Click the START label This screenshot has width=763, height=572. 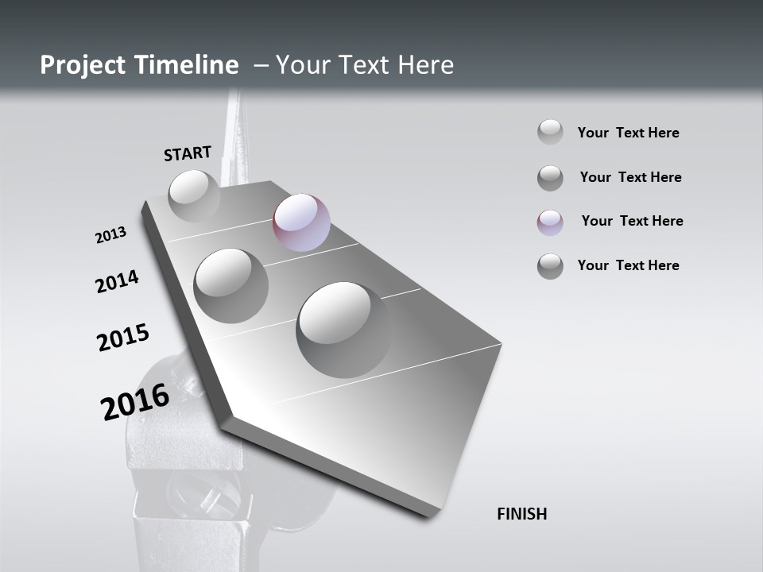(x=188, y=153)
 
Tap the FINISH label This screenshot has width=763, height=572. (x=521, y=514)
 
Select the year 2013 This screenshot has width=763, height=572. (x=110, y=235)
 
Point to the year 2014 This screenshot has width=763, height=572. (x=117, y=281)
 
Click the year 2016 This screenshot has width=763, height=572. (x=135, y=401)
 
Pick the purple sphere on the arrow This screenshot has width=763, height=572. (x=301, y=222)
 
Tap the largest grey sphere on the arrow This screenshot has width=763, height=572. (x=343, y=329)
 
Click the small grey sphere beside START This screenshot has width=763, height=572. (x=194, y=195)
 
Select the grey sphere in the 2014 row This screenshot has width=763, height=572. (x=230, y=285)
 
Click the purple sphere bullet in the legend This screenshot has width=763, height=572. (x=550, y=222)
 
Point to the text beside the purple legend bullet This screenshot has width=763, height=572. (x=632, y=221)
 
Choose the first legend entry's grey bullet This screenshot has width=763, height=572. (x=550, y=132)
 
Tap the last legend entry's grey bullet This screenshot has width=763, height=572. (x=550, y=266)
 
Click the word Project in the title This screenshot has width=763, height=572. (x=83, y=65)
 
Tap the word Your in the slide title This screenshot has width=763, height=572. (x=303, y=65)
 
